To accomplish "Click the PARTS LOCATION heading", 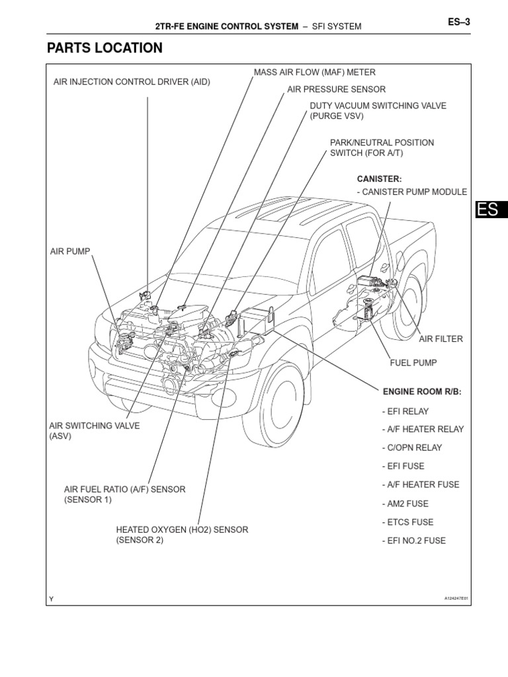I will pos(105,48).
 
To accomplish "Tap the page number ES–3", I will pos(458,22).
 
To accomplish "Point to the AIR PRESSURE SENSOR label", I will pos(336,89).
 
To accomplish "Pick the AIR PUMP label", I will pos(70,252).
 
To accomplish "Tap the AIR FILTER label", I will pos(441,339).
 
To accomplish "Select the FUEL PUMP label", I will pos(413,363).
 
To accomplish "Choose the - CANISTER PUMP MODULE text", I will pos(411,192).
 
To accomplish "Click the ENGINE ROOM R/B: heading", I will pos(421,392).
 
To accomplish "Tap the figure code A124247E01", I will pos(456,598).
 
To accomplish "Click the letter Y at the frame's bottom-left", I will pos(50,599).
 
